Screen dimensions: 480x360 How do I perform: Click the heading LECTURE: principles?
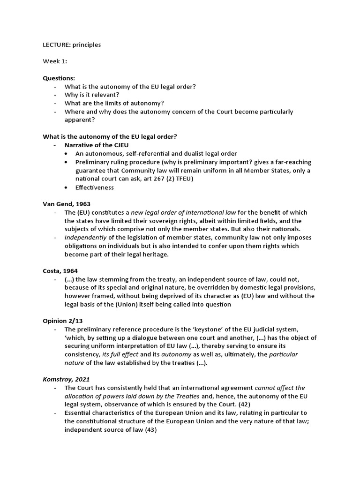pos(72,45)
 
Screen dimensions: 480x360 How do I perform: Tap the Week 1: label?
pos(55,61)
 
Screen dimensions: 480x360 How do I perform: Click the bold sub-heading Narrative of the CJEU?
pos(97,145)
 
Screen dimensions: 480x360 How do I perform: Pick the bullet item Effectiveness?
pos(94,187)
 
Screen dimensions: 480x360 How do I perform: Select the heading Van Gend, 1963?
pos(67,204)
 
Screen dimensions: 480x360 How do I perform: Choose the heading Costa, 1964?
pos(60,271)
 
